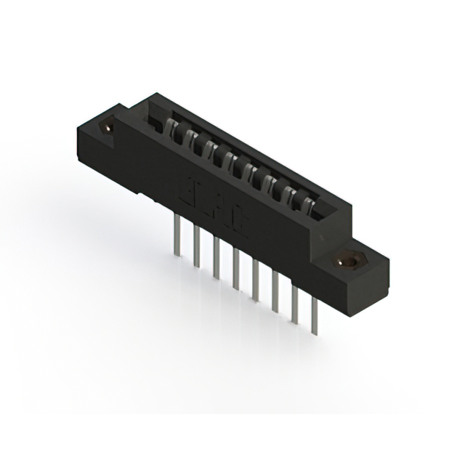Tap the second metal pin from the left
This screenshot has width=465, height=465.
tap(197, 247)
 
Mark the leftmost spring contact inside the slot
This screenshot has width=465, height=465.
tap(174, 126)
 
